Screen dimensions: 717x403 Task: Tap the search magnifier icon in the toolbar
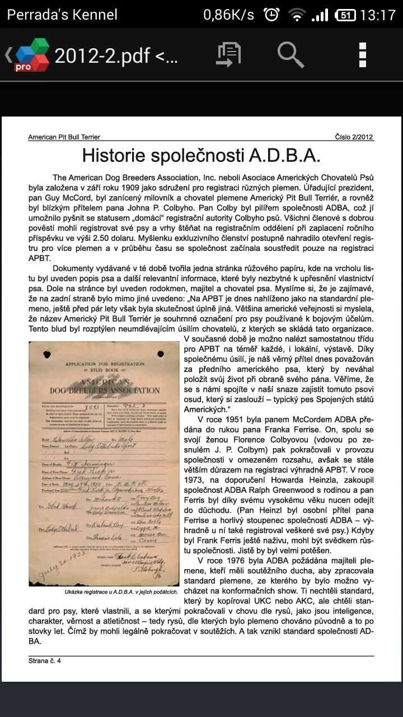[290, 54]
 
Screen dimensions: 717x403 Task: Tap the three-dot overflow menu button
[362, 54]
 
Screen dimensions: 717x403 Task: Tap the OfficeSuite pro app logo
[32, 55]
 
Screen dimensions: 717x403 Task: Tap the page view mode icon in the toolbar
[228, 54]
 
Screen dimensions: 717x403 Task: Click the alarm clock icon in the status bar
[271, 15]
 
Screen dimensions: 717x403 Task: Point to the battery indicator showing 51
[344, 15]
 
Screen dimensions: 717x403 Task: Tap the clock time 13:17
[377, 15]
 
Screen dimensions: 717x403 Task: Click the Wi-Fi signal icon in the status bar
[296, 15]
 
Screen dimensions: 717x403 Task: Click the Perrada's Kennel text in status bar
[62, 15]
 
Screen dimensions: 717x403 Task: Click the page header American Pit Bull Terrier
[64, 137]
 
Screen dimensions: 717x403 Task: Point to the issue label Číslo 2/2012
[354, 137]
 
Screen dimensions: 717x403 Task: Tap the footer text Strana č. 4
[45, 661]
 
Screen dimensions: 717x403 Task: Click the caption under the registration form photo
[121, 592]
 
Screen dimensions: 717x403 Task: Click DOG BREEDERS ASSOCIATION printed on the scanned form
[105, 390]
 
